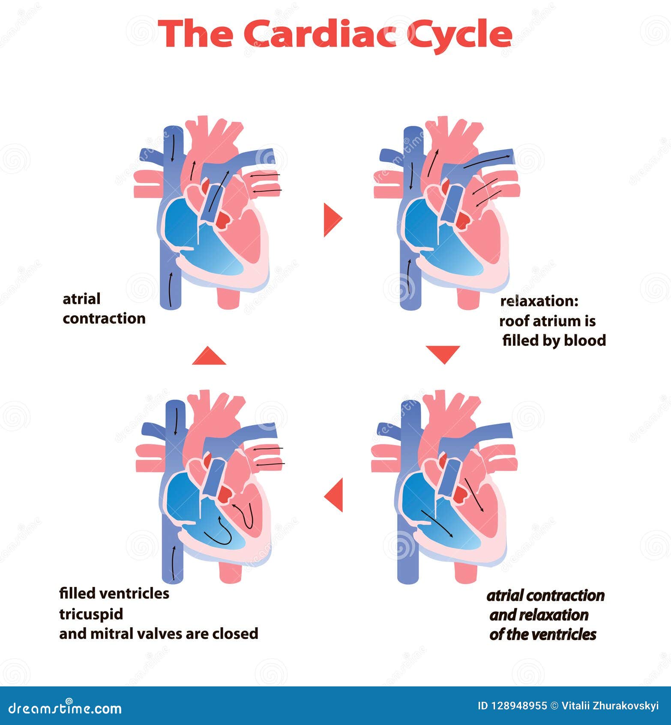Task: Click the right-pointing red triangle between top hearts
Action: tap(332, 219)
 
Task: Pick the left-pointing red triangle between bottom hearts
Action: tap(335, 495)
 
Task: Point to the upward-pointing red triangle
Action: tap(209, 356)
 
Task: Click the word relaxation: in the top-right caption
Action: tap(539, 301)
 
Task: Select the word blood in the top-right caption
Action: tap(584, 341)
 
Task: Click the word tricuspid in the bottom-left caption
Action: tap(91, 614)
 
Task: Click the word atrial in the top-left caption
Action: tap(81, 299)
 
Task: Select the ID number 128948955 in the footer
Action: tap(518, 706)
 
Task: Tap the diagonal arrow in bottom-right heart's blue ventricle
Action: tap(437, 523)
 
